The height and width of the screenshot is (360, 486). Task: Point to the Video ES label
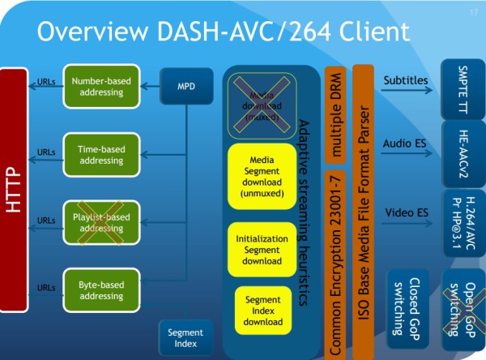(405, 212)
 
